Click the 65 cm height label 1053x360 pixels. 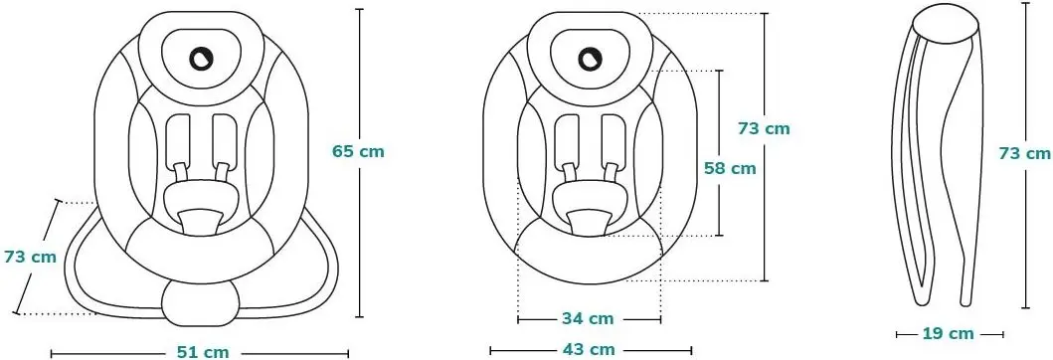pos(359,151)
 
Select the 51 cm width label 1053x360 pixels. pos(203,352)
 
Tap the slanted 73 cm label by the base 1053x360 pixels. pos(30,257)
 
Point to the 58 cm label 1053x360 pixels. pos(730,168)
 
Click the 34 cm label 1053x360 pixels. pos(588,318)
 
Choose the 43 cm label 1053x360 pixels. pos(589,349)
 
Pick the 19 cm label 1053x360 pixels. pos(948,333)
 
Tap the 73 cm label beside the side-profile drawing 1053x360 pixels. pos(1025,153)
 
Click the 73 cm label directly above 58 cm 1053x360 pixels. pos(765,128)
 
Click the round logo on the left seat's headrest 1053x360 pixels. pos(200,58)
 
